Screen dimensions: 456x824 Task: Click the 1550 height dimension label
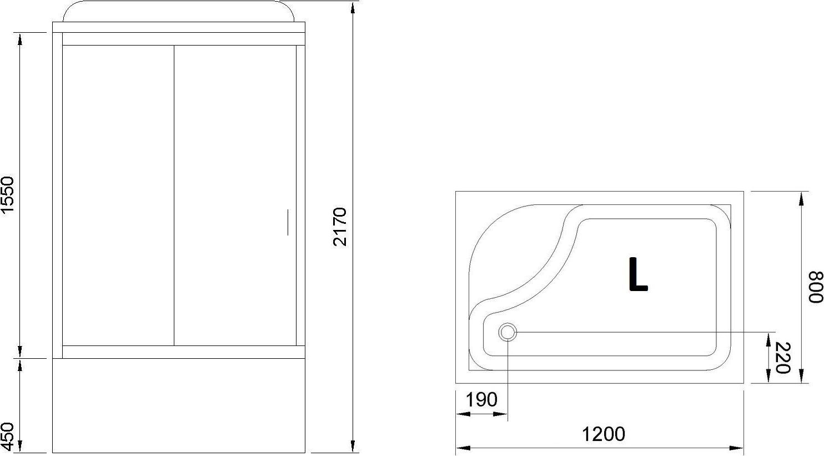click(7, 195)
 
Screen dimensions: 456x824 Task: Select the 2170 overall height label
click(340, 227)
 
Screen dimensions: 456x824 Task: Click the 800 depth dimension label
click(815, 287)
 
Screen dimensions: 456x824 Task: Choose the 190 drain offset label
click(481, 399)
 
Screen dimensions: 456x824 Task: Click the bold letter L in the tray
click(637, 274)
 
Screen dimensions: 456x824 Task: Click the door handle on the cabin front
click(288, 222)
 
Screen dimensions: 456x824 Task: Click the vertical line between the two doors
click(174, 194)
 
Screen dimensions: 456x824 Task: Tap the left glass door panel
click(118, 194)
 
